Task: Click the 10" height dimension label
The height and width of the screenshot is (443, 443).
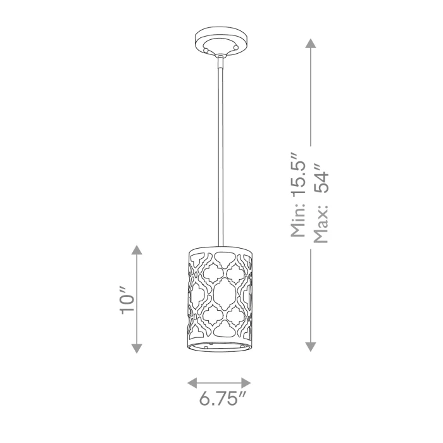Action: [x=127, y=300]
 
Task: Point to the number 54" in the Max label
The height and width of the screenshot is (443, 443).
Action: [x=321, y=178]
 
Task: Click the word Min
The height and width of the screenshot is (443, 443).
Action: [x=298, y=220]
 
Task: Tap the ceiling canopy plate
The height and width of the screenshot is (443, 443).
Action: [x=221, y=41]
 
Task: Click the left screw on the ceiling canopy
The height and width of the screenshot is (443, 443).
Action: [x=206, y=50]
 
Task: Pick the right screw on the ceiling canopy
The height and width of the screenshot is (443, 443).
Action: [x=236, y=47]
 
